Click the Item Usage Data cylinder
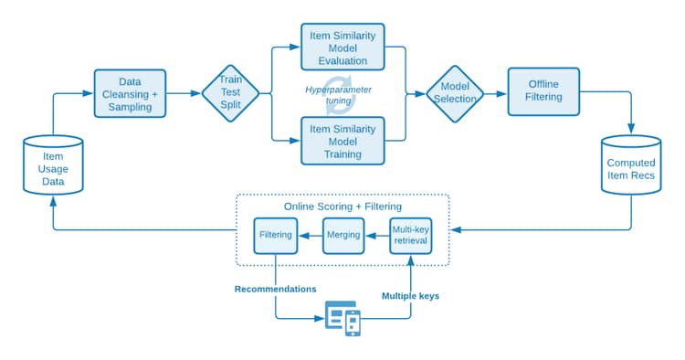52,165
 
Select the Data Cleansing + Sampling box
131,93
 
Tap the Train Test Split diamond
230,93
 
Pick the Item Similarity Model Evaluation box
342,48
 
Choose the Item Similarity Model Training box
342,141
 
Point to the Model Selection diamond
455,93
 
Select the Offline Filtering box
543,91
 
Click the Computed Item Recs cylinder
630,165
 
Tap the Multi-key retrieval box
410,235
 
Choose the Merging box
342,235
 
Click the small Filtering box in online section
275,235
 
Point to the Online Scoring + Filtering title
342,206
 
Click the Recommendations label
274,290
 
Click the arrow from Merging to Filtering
309,235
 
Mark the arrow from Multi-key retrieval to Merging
375,235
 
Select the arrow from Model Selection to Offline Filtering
496,93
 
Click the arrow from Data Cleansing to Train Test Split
184,93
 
